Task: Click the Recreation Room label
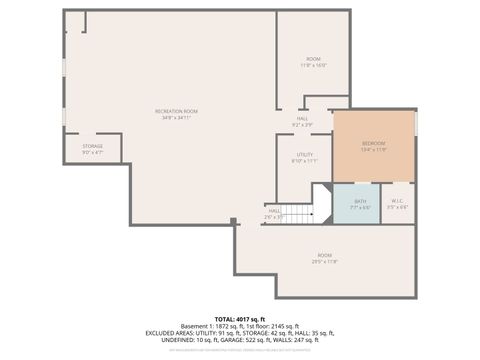176,110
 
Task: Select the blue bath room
358,203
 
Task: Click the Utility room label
304,154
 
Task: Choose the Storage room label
92,146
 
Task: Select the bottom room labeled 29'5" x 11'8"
324,258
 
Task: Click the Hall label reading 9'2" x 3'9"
303,122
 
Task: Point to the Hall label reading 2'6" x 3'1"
274,213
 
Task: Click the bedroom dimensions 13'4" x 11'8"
373,149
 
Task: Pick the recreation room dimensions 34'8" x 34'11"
176,117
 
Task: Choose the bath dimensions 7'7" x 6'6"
358,207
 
